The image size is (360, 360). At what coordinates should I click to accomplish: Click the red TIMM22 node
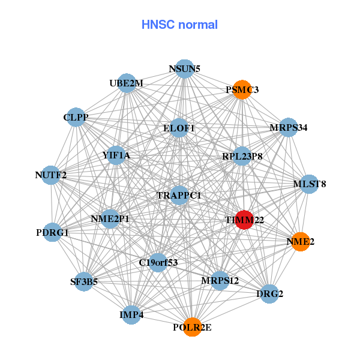(x=244, y=220)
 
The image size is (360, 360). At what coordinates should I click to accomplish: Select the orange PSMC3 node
(x=241, y=90)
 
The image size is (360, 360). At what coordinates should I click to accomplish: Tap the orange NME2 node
(x=299, y=242)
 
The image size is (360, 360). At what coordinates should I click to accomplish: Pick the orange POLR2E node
(x=192, y=327)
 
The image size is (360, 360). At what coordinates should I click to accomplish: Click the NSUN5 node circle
(x=184, y=69)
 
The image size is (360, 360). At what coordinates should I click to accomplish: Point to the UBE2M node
(x=127, y=83)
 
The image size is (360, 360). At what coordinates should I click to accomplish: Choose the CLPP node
(x=76, y=118)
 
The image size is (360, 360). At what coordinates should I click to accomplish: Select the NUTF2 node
(x=51, y=175)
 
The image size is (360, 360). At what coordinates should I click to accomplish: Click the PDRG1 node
(x=52, y=232)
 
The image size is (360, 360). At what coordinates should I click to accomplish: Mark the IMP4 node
(x=131, y=314)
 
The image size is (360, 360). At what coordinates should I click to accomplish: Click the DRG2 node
(x=269, y=293)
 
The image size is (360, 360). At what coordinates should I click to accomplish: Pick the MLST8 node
(x=308, y=184)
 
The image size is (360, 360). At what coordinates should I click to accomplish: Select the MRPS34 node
(x=289, y=127)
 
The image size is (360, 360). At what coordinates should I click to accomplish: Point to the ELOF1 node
(x=179, y=128)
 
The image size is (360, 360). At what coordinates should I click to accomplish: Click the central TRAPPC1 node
(x=179, y=196)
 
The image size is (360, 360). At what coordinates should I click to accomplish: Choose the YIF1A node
(x=116, y=156)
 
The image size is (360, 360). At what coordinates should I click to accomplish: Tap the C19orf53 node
(x=158, y=262)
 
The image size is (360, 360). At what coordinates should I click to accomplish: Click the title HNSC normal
(x=179, y=25)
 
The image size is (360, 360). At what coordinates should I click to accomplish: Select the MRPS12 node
(x=220, y=280)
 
